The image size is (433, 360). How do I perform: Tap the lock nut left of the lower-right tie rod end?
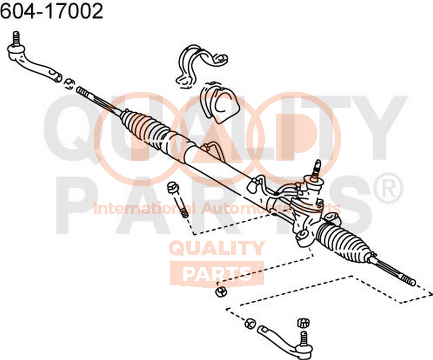[x=250, y=324]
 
